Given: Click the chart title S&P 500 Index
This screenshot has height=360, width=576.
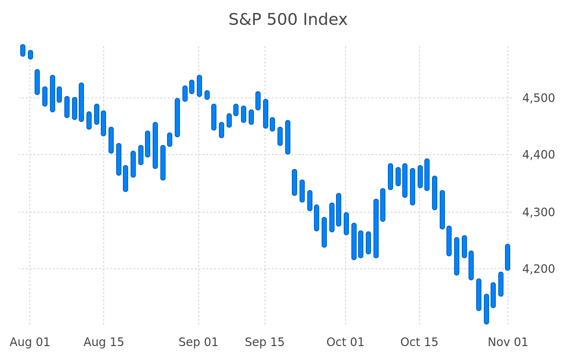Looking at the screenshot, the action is [x=288, y=20].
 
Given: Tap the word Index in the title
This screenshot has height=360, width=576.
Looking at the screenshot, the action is [x=325, y=20].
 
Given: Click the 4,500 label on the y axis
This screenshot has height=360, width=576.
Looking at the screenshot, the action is [x=538, y=98].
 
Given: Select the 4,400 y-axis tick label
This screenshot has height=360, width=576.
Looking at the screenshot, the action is [x=538, y=155].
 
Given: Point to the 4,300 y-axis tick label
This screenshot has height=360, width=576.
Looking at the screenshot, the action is [x=538, y=212].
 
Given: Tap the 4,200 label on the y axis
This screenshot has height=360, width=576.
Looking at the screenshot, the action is [x=538, y=269].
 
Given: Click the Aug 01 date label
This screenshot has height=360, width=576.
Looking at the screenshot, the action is [x=30, y=342].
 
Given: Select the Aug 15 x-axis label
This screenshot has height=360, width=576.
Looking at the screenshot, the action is [x=104, y=342].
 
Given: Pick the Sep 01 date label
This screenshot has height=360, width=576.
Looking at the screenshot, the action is [x=199, y=342].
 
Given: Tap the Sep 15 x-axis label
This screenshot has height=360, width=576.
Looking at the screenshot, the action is [x=264, y=342].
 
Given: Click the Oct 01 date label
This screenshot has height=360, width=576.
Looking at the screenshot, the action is [x=345, y=342].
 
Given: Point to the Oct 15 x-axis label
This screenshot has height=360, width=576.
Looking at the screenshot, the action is [x=419, y=342].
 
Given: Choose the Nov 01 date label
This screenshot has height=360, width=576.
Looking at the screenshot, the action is [x=508, y=342].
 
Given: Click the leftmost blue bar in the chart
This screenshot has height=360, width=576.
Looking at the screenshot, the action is [x=23, y=50].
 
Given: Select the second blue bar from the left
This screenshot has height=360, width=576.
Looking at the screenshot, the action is [x=30, y=55].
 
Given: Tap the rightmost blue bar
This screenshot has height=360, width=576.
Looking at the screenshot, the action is [x=508, y=257].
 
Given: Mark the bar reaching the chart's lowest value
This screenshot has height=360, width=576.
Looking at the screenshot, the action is [x=487, y=309].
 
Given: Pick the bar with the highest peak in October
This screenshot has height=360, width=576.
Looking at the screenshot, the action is [x=427, y=175].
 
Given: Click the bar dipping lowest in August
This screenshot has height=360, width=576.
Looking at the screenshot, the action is [x=125, y=179].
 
